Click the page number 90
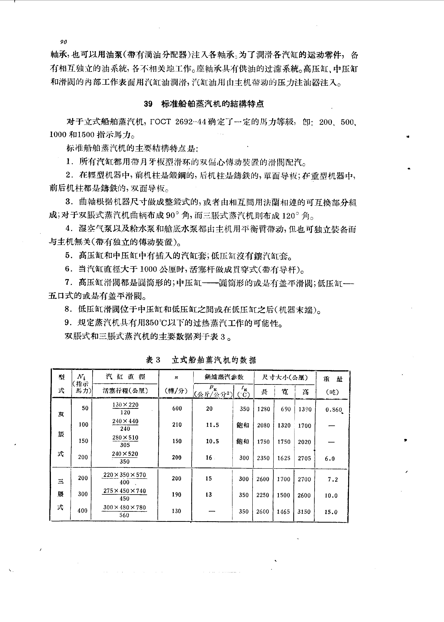[63, 42]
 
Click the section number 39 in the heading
[148, 104]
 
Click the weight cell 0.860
[333, 410]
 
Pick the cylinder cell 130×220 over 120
[125, 408]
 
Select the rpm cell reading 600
[177, 408]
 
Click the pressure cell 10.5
[212, 441]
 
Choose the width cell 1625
[284, 458]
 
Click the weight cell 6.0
[330, 459]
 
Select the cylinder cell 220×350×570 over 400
[125, 478]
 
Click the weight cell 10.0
[331, 495]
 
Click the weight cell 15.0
[331, 512]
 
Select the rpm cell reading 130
[176, 511]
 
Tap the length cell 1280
[264, 409]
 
